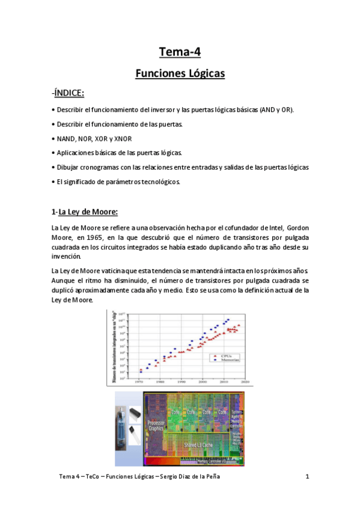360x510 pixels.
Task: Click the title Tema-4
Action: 180,52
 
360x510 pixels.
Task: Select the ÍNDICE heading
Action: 70,93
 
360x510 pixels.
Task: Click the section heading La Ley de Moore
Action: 88,212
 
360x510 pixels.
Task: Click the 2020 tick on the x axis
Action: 246,381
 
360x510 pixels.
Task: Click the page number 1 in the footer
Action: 307,477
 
